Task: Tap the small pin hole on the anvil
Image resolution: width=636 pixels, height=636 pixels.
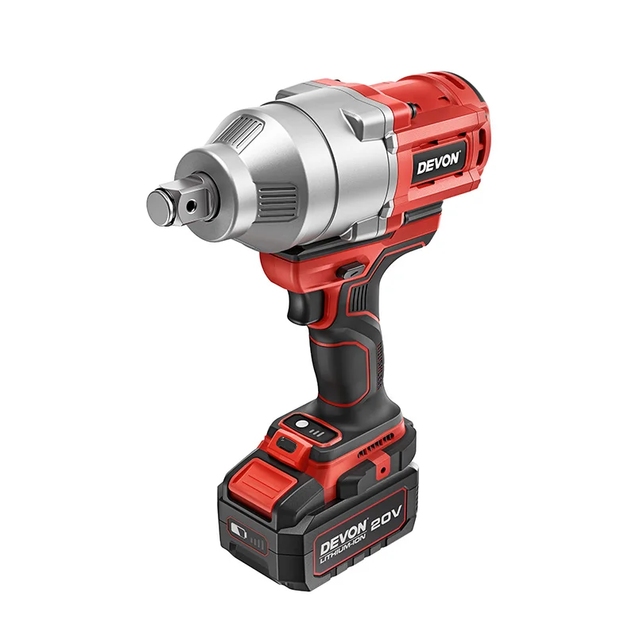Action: [x=191, y=204]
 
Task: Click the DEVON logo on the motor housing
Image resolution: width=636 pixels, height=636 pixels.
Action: [x=438, y=161]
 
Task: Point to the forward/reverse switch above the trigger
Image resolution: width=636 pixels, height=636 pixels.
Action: [x=348, y=272]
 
